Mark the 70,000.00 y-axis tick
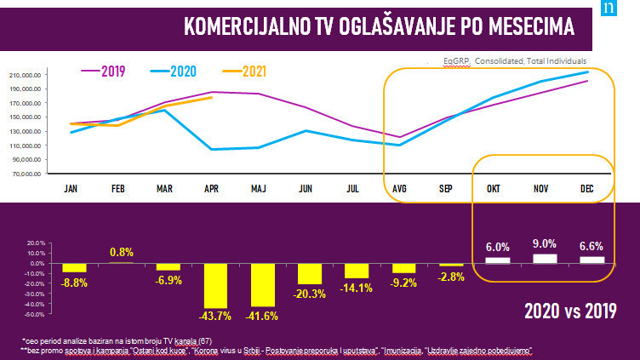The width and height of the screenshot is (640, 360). (x=27, y=174)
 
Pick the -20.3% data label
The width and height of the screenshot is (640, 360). (x=310, y=293)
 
